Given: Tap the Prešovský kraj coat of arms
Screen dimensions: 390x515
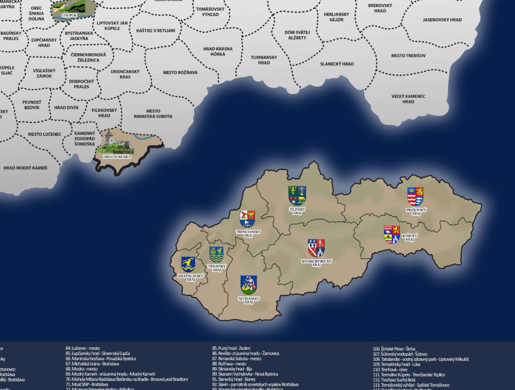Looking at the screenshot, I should point(415,196).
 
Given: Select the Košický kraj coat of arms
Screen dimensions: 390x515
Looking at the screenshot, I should point(392,234).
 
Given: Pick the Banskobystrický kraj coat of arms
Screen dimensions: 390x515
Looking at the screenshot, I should point(316,247).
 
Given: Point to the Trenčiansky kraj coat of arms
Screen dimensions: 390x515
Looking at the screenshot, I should point(247,219).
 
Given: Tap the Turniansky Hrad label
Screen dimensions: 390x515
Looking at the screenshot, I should point(264,60).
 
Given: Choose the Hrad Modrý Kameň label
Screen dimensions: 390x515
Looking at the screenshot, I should point(25,168).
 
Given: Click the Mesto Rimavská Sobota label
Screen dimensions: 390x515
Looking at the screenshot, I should point(153,113).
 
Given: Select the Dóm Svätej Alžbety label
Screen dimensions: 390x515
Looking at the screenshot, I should point(297,35).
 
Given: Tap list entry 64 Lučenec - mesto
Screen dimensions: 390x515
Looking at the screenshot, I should point(82,348).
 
